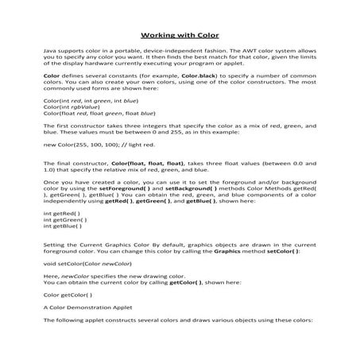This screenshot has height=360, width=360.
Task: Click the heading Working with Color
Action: [x=180, y=35]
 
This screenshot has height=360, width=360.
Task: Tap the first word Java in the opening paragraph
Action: [x=50, y=49]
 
